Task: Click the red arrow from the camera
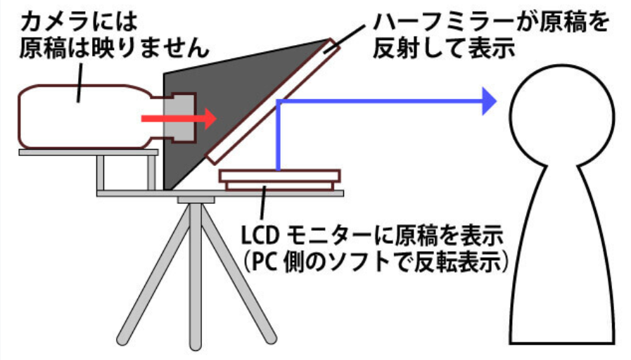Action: pos(179,118)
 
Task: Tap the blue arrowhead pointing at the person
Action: pos(490,101)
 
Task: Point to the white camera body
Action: pos(84,117)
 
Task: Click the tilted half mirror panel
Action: pos(273,101)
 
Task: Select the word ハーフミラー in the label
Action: pos(442,22)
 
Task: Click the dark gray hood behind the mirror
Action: pos(225,108)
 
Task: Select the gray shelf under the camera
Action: pos(89,153)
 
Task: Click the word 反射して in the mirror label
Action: pos(419,49)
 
